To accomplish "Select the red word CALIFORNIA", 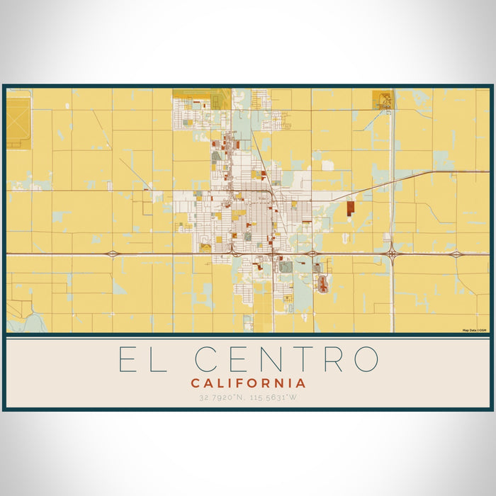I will pyautogui.click(x=248, y=383).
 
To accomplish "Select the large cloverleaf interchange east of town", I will pyautogui.click(x=391, y=253).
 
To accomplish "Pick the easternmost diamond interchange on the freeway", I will pyautogui.click(x=456, y=254).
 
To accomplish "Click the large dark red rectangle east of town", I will pyautogui.click(x=350, y=208).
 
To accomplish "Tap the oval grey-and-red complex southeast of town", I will pyautogui.click(x=323, y=284).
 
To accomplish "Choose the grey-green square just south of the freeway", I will pyautogui.click(x=286, y=267).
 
